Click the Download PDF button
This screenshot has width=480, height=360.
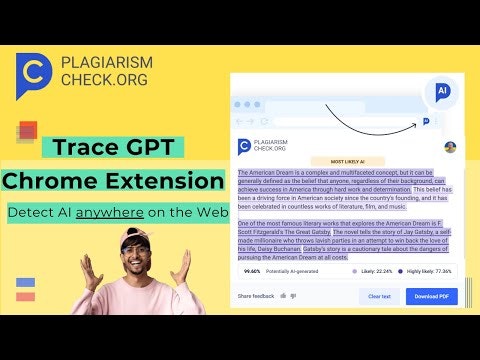pyautogui.click(x=432, y=296)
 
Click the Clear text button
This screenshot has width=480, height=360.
pyautogui.click(x=380, y=296)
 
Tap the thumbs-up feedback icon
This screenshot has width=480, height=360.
pyautogui.click(x=283, y=296)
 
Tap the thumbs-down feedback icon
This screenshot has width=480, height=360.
pyautogui.click(x=295, y=296)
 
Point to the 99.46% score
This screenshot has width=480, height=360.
pyautogui.click(x=252, y=270)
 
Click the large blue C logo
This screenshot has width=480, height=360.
pyautogui.click(x=33, y=75)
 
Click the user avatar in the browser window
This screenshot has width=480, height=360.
pyautogui.click(x=450, y=147)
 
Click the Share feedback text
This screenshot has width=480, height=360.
pyautogui.click(x=255, y=296)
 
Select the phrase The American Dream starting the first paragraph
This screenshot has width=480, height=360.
pyautogui.click(x=265, y=172)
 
